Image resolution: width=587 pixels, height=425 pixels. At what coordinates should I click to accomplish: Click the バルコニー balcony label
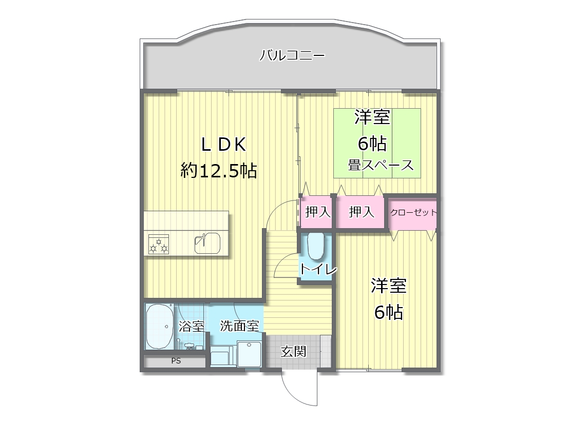(x=292, y=55)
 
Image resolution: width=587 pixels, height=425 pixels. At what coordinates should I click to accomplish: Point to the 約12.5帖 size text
(x=219, y=170)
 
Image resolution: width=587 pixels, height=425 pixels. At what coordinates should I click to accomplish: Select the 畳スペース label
(x=381, y=165)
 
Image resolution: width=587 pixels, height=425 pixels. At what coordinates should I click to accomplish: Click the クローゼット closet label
(x=413, y=212)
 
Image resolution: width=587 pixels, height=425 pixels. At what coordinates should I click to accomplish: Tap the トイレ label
(x=318, y=270)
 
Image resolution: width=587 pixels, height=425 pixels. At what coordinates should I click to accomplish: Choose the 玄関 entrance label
(x=293, y=351)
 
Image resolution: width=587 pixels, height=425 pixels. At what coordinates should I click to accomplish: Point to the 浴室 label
(x=192, y=326)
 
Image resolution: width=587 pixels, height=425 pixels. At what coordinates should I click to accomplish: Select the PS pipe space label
(x=176, y=361)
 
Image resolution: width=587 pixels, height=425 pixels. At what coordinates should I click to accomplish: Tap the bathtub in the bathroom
(x=159, y=326)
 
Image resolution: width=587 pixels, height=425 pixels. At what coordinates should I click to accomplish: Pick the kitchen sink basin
(x=207, y=244)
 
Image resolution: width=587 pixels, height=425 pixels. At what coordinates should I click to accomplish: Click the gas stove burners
(x=159, y=244)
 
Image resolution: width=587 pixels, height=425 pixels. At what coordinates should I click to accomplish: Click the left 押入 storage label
(x=318, y=212)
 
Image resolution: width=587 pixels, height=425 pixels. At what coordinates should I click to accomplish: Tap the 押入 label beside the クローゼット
(x=362, y=212)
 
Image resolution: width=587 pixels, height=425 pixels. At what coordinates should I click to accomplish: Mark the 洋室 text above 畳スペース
(x=372, y=117)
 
